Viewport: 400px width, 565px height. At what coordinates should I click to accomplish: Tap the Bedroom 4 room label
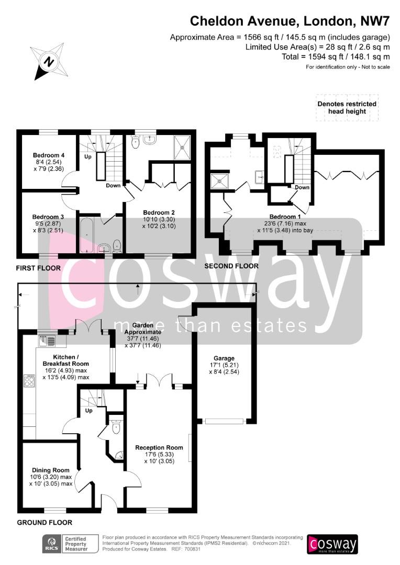(48, 155)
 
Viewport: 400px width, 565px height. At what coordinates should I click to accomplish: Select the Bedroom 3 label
(48, 217)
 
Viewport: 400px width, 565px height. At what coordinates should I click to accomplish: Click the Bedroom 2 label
(159, 212)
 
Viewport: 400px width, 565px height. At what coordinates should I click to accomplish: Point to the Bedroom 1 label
(285, 217)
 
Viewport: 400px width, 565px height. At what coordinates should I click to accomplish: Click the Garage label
(224, 358)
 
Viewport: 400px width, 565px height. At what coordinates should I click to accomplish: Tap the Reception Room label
(159, 447)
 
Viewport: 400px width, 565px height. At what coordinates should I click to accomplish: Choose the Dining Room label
(50, 470)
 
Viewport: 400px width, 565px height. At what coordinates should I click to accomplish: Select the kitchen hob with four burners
(29, 381)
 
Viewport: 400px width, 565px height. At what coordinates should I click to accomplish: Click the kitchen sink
(47, 340)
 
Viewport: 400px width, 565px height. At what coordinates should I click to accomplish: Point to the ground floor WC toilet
(116, 427)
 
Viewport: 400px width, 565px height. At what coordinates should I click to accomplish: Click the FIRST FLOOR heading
(38, 268)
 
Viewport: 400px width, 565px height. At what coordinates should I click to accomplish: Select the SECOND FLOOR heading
(231, 266)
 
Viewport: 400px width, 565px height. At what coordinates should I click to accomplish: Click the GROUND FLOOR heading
(45, 523)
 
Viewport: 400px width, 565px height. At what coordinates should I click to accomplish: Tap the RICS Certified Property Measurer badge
(70, 544)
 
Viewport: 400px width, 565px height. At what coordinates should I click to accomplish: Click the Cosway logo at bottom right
(332, 544)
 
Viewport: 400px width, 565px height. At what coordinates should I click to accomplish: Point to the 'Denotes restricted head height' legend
(347, 107)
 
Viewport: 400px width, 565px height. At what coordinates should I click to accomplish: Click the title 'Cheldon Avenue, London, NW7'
(290, 21)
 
